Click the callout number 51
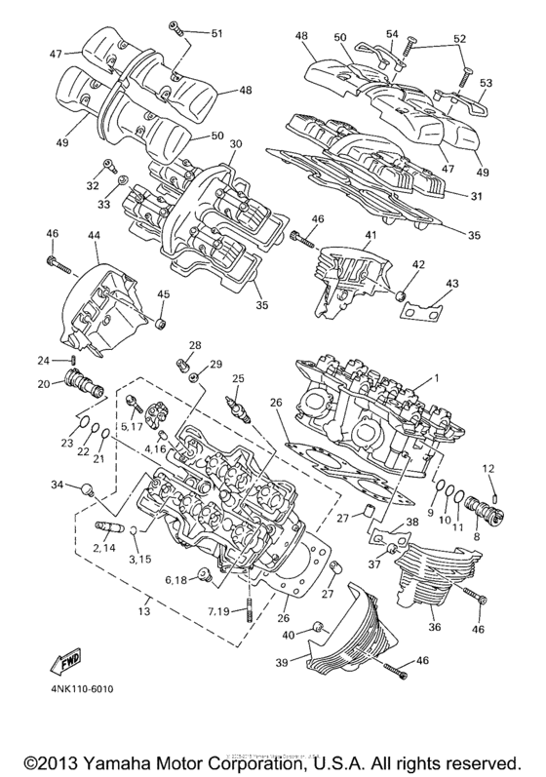click(x=215, y=33)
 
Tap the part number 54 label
click(x=392, y=34)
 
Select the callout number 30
click(x=234, y=144)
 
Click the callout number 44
click(x=95, y=235)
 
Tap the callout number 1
click(x=438, y=377)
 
